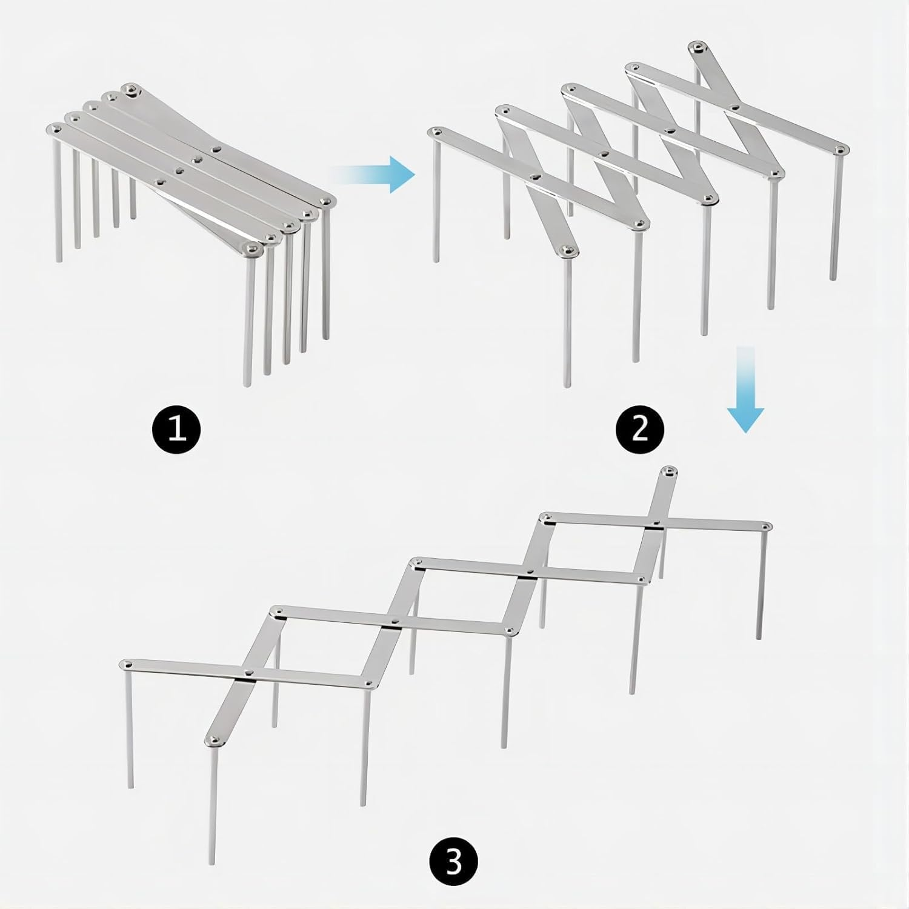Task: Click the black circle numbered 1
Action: pyautogui.click(x=176, y=430)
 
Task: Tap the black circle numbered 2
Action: pyautogui.click(x=640, y=430)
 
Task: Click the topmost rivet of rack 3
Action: pyautogui.click(x=668, y=471)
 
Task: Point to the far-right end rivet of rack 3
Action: pyautogui.click(x=766, y=526)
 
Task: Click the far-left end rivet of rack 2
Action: pyautogui.click(x=435, y=132)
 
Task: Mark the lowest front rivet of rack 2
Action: pyautogui.click(x=567, y=250)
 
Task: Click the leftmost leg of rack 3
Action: pyautogui.click(x=129, y=728)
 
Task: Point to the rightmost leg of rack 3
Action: pyautogui.click(x=761, y=584)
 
